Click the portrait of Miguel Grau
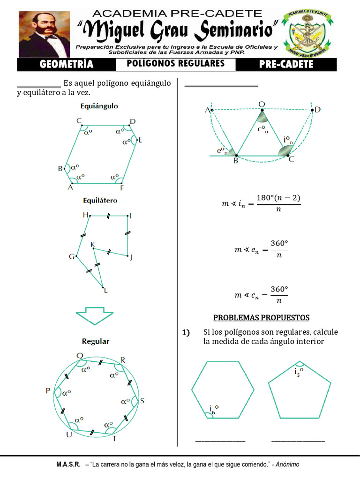pyautogui.click(x=44, y=34)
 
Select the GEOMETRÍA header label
pyautogui.click(x=67, y=65)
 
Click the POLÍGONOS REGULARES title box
pyautogui.click(x=176, y=64)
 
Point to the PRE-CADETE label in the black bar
pyautogui.click(x=286, y=65)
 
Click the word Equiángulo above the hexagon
pyautogui.click(x=99, y=106)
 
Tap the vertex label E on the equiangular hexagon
pyautogui.click(x=140, y=140)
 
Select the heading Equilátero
pyautogui.click(x=100, y=200)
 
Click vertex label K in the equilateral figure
pyautogui.click(x=92, y=244)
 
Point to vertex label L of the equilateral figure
pyautogui.click(x=106, y=290)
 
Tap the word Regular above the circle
pyautogui.click(x=96, y=341)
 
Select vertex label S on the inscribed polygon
pyautogui.click(x=142, y=401)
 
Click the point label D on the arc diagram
pyautogui.click(x=318, y=110)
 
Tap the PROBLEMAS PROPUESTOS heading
pyautogui.click(x=261, y=318)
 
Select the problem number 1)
pyautogui.click(x=186, y=333)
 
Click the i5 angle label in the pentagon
pyautogui.click(x=299, y=372)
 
